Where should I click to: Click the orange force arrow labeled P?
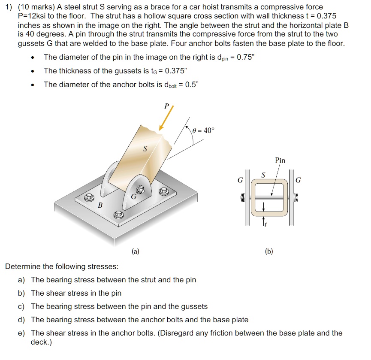point(166,118)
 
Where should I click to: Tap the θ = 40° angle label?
point(202,130)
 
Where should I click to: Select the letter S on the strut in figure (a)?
point(145,149)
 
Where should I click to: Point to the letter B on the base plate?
point(100,206)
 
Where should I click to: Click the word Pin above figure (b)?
point(280,160)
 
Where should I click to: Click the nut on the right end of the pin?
point(296,197)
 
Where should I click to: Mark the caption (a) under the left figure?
point(135,251)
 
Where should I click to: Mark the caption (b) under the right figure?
point(269,251)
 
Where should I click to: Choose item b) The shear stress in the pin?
point(76,293)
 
